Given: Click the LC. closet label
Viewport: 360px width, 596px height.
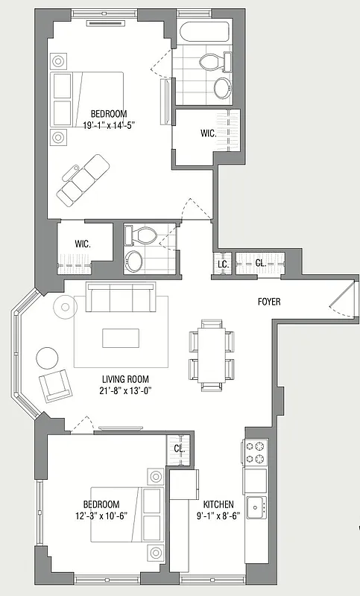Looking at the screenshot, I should point(222,264).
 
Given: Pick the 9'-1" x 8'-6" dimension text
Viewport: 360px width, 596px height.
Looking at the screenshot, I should point(218,515).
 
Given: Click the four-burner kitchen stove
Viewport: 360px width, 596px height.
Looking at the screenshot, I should point(256,452).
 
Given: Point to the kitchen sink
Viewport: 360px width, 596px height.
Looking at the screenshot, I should point(256,507).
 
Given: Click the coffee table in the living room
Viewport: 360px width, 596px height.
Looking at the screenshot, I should point(121,337).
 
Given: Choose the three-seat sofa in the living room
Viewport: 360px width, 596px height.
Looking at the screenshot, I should point(120,298).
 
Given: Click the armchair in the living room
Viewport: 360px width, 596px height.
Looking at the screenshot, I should point(54,385).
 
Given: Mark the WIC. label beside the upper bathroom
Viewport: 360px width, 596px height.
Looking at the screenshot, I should point(208,134).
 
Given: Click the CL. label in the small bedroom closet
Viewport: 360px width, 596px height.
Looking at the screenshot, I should point(180,448).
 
